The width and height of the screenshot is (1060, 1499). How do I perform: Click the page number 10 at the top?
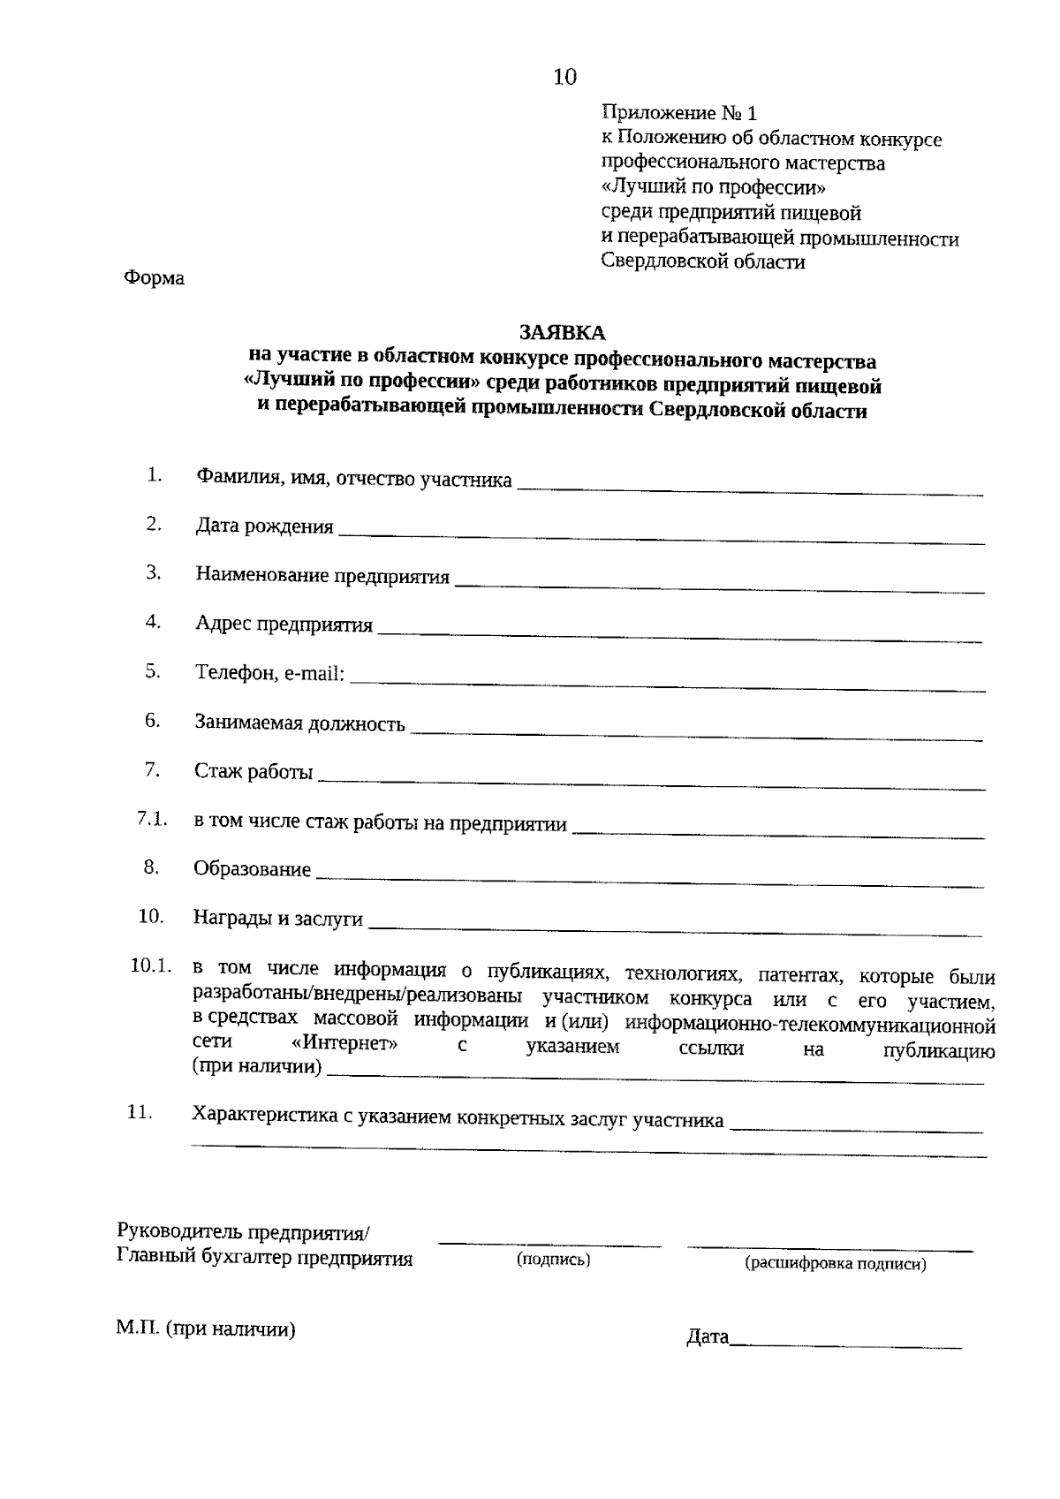(x=564, y=78)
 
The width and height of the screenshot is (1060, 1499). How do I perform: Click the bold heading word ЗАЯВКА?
(x=562, y=332)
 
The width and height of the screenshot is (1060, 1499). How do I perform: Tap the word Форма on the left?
(x=154, y=278)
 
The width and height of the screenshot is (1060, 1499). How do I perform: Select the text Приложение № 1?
(x=678, y=113)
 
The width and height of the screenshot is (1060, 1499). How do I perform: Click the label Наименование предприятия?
(x=322, y=577)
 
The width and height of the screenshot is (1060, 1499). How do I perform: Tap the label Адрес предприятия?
(x=284, y=625)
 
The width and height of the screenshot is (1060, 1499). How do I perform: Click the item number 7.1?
(x=152, y=819)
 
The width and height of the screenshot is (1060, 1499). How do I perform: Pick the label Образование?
(x=252, y=869)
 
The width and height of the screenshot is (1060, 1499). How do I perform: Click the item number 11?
(x=140, y=1113)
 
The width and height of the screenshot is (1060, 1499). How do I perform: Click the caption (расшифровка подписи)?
(x=836, y=1264)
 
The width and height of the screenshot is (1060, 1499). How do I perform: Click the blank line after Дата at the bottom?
(x=846, y=1346)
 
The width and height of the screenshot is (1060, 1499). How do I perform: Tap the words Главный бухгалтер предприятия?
(x=265, y=1259)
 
